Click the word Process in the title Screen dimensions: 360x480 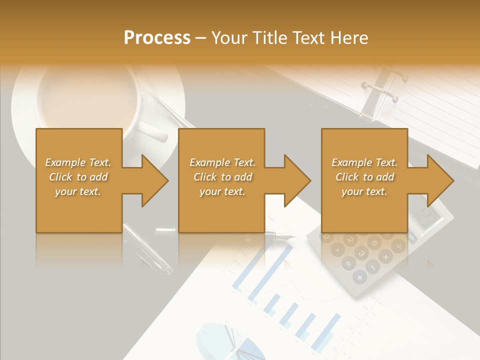tap(157, 38)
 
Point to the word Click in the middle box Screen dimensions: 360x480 tap(205, 177)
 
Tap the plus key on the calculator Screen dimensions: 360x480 tap(359, 276)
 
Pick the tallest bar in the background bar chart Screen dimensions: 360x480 tap(270, 270)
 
